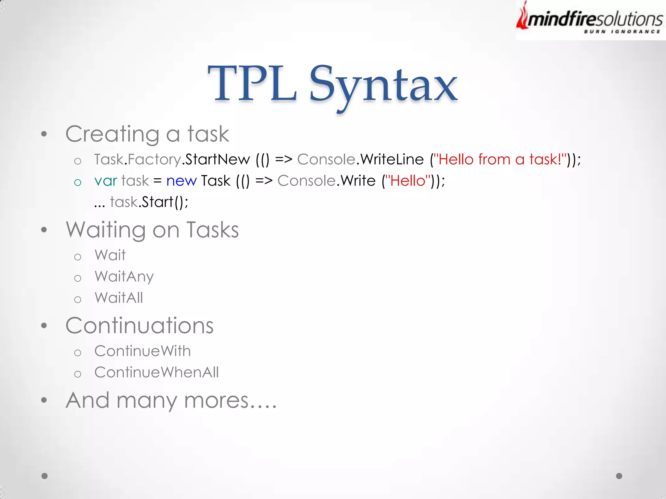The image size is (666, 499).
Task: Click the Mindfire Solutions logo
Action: point(590,19)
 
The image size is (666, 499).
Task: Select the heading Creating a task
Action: point(147,134)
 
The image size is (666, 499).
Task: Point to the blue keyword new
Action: point(181,181)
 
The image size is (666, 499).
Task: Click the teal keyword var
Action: point(106,181)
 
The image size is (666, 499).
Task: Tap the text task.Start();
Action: point(149,202)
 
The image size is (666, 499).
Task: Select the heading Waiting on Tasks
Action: point(152,230)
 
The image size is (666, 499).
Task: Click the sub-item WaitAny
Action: point(124,277)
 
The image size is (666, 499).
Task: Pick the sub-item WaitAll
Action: point(119,298)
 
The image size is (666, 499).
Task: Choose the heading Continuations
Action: point(140,326)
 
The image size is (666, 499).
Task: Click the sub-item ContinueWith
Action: point(142,351)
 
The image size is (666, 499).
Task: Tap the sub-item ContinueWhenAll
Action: point(156,372)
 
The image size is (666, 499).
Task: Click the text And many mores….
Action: point(171,400)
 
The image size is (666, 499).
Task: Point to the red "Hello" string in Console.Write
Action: point(408,181)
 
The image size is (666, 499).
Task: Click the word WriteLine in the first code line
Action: point(392,160)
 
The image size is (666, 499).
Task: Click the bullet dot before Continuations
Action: point(44,326)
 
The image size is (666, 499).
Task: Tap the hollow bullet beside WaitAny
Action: point(77,278)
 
